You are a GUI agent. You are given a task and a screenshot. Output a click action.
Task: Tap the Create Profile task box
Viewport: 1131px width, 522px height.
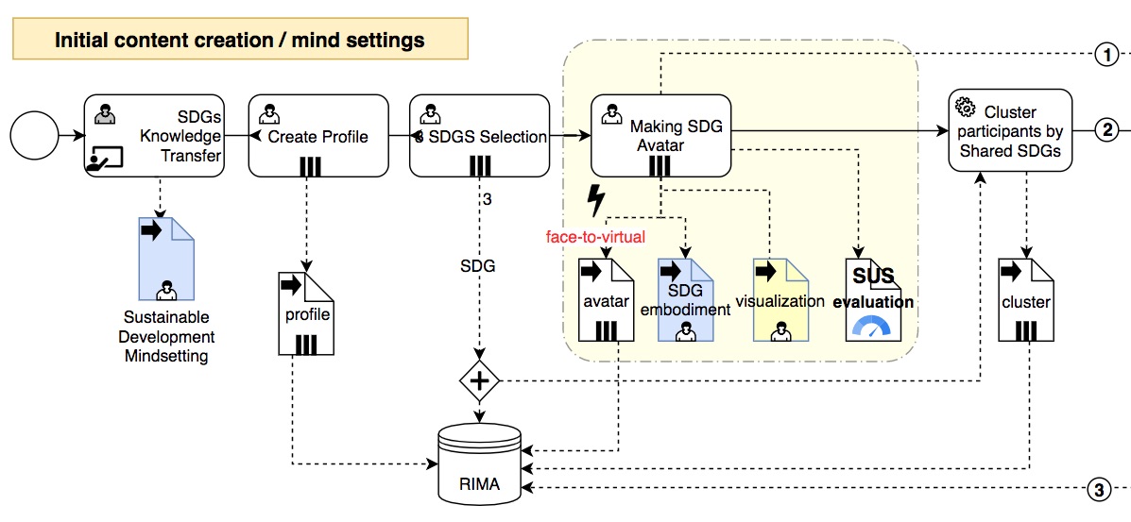pos(318,135)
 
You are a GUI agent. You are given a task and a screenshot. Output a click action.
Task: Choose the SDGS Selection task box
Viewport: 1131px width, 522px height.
pos(480,135)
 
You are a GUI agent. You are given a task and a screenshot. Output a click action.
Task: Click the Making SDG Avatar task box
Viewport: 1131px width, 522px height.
pos(660,135)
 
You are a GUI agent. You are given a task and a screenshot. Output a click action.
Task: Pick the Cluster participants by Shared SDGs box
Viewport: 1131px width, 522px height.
pos(1010,130)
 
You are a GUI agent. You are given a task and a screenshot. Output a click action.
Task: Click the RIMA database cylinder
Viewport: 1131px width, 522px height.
pos(480,465)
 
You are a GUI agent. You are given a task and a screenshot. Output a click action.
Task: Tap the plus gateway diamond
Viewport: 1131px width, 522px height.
pos(480,381)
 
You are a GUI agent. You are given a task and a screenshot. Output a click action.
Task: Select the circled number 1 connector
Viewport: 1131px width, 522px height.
pos(1106,56)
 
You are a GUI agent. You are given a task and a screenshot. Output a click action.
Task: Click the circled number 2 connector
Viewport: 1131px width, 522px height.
pos(1106,130)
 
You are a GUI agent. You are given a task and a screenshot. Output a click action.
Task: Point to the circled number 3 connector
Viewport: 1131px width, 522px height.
pos(1097,489)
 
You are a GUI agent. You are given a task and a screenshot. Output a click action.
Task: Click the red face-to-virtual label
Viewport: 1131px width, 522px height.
pos(595,237)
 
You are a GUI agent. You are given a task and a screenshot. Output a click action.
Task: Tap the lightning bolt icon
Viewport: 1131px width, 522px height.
pos(596,201)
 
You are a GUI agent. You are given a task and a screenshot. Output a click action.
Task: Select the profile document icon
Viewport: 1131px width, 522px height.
pos(306,313)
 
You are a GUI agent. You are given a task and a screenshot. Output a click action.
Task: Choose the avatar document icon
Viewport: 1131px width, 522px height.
pos(606,300)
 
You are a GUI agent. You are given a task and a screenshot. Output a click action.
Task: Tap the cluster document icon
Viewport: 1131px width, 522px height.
pos(1025,300)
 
